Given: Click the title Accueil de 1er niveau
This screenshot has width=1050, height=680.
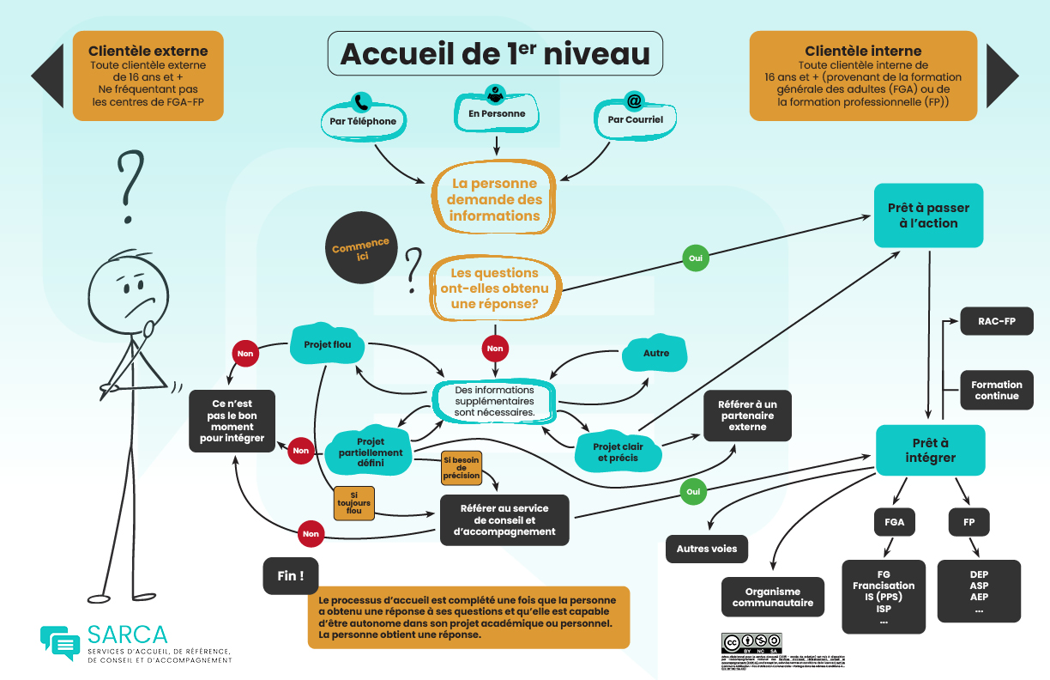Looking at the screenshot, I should [495, 53].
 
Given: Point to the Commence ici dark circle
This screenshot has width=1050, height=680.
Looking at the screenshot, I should [360, 249].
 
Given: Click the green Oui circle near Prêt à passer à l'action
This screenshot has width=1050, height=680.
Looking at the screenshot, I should [696, 258].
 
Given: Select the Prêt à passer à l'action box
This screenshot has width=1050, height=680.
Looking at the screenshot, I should [928, 216].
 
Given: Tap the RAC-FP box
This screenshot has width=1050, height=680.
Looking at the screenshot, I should [997, 321].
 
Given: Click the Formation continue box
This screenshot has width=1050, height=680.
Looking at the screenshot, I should [997, 391].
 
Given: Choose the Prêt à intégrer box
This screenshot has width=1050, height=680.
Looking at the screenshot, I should [930, 450].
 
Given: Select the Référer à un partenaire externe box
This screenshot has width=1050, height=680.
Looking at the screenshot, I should [747, 416].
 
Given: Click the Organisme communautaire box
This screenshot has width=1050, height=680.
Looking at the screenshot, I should [772, 597].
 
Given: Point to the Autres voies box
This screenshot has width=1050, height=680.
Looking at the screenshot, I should [707, 549].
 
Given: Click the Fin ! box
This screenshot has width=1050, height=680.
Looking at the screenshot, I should [291, 576].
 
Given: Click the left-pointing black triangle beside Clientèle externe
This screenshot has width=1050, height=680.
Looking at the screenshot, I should [47, 76].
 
